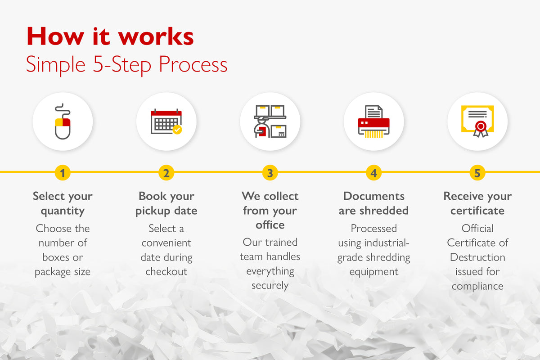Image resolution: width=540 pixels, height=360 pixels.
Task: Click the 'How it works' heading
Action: [x=110, y=36]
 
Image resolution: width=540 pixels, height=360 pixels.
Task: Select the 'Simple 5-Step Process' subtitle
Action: [x=126, y=64]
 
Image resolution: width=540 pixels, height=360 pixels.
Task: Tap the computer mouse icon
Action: [x=63, y=121]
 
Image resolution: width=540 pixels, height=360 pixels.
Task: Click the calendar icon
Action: [x=166, y=121]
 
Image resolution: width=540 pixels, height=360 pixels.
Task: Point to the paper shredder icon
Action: [x=373, y=121]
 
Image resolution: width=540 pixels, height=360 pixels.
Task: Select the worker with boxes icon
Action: [x=270, y=121]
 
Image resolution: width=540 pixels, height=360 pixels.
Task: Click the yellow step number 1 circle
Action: [x=63, y=173]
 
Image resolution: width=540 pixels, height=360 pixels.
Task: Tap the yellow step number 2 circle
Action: [x=166, y=173]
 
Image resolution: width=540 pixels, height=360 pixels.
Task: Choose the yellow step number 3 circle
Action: [x=270, y=173]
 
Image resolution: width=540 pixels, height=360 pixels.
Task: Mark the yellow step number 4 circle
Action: [x=373, y=173]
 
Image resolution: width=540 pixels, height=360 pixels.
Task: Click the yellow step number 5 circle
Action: [x=477, y=173]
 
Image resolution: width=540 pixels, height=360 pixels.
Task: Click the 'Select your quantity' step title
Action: [x=63, y=204]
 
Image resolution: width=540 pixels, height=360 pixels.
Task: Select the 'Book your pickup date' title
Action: [x=166, y=204]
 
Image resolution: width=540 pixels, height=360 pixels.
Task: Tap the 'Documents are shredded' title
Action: [x=373, y=203]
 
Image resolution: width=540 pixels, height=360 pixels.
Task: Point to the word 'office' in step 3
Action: [x=270, y=225]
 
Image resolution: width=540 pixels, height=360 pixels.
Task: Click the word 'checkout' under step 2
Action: [x=166, y=271]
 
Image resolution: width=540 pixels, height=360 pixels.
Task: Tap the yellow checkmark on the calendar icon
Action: [x=177, y=130]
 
